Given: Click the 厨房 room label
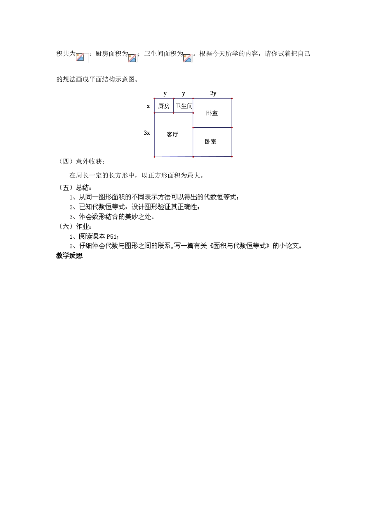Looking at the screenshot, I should point(164,106).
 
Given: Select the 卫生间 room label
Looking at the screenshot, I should point(184,106).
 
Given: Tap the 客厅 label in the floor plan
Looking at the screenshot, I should point(172,135).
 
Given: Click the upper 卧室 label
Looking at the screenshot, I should point(212,113).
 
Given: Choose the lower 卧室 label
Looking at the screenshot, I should point(210,141).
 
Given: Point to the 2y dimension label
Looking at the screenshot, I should point(213,93).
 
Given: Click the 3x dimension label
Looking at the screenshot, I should point(147,133).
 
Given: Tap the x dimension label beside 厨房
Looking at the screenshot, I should point(148,106).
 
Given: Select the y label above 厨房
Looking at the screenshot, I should point(165,93).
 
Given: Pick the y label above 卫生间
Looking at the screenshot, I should point(184,93).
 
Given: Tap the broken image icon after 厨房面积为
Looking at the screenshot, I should point(132,58).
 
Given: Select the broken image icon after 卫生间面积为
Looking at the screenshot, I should point(187,58).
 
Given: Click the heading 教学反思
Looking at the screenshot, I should point(70,256).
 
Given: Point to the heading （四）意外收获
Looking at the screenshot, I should point(82,161).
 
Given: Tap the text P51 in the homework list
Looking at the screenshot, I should point(112,236).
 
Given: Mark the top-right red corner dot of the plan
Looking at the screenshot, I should point(232,99).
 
